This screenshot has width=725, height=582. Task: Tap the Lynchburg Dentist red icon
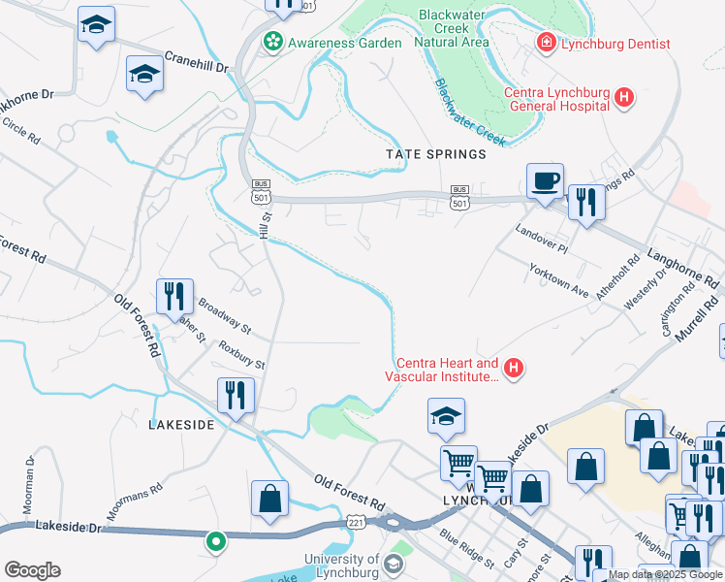click(546, 43)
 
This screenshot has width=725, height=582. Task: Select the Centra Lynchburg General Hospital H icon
click(624, 97)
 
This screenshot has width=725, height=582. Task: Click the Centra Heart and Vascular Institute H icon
click(514, 368)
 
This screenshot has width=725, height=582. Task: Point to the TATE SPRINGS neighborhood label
click(435, 154)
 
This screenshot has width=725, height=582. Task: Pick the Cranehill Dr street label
click(195, 61)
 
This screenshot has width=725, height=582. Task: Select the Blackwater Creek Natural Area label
click(452, 29)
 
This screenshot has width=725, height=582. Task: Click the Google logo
click(32, 570)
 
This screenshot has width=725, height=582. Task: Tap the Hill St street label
click(266, 224)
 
